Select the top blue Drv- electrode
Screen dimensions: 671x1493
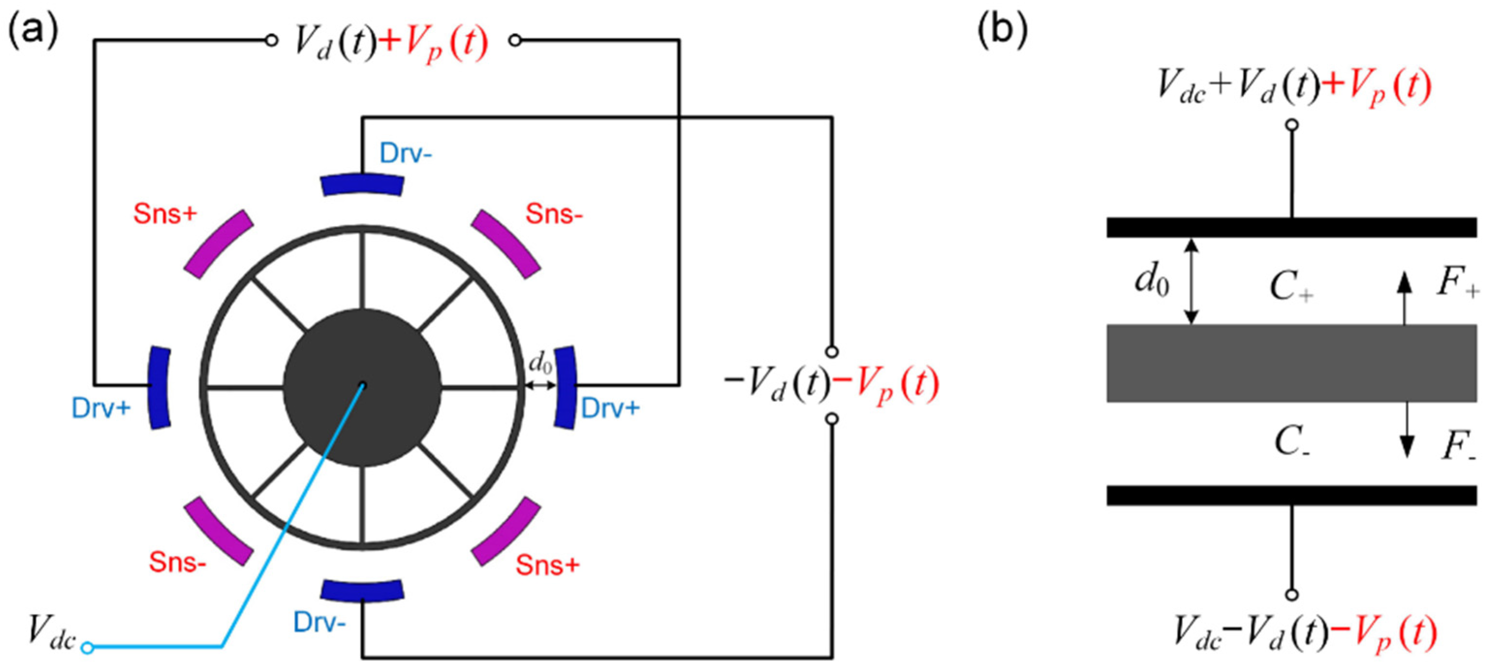tap(362, 184)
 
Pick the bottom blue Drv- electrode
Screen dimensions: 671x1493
tap(362, 591)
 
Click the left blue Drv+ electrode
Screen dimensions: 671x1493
tap(159, 387)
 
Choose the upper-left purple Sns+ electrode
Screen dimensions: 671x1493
tap(218, 243)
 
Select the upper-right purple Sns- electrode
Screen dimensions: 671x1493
tap(505, 243)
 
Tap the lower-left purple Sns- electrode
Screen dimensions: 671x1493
tap(218, 531)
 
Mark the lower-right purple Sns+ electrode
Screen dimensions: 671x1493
tap(505, 531)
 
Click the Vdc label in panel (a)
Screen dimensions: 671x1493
tap(51, 632)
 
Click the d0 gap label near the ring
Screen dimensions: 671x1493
tap(540, 364)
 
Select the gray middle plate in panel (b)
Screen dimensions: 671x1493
tap(1291, 363)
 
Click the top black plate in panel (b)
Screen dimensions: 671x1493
tap(1291, 227)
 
